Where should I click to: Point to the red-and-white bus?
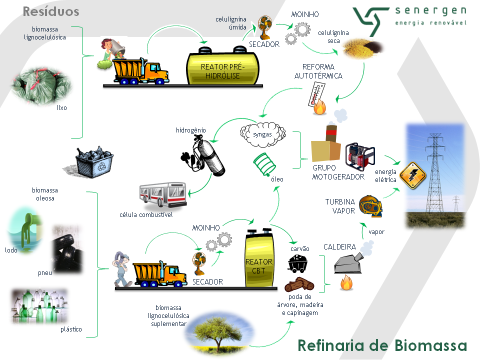(162, 195)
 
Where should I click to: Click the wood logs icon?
(299, 285)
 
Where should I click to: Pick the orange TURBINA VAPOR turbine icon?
(370, 205)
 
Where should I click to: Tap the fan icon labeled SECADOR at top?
(263, 26)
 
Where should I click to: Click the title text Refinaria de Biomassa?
(382, 345)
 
